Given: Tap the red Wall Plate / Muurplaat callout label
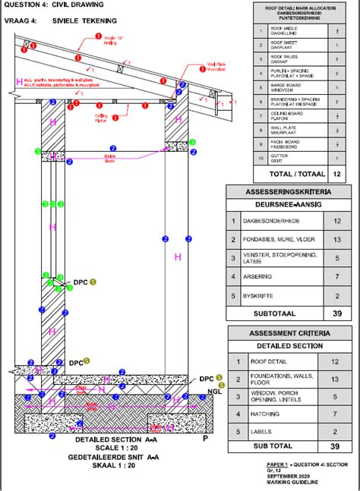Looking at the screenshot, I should tap(195, 69).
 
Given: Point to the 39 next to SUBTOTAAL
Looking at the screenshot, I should tap(336, 313).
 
